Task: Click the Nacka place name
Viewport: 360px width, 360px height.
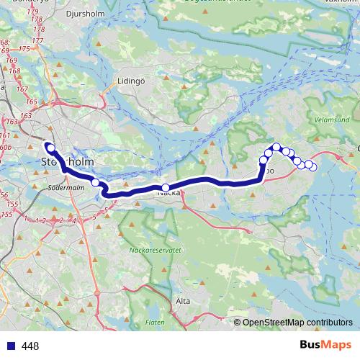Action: (168, 192)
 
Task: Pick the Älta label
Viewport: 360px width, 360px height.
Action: (183, 300)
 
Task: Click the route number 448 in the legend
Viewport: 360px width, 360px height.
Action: (31, 346)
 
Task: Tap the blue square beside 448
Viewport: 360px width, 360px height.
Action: (11, 346)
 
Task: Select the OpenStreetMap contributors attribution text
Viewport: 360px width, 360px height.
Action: (297, 322)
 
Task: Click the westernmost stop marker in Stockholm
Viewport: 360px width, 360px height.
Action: (50, 148)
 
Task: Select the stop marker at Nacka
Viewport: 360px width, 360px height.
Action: (166, 187)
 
